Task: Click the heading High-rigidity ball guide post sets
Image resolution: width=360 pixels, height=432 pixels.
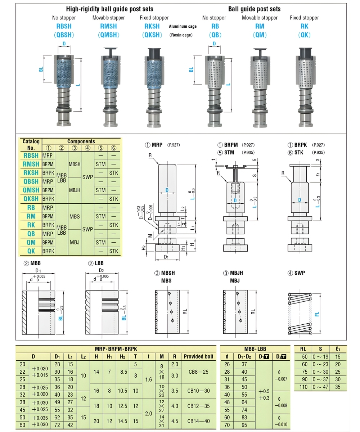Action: pyautogui.click(x=109, y=9)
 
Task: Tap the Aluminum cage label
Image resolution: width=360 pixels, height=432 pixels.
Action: pyautogui.click(x=183, y=27)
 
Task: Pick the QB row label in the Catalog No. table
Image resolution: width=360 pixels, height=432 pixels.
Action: pyautogui.click(x=31, y=234)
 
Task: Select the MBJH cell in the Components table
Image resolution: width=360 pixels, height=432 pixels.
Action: pyautogui.click(x=75, y=190)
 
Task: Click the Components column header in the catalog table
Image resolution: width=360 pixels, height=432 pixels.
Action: pyautogui.click(x=81, y=141)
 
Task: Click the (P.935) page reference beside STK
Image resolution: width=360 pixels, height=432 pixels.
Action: pyautogui.click(x=318, y=153)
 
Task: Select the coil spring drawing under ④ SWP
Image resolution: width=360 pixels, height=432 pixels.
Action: pyautogui.click(x=300, y=312)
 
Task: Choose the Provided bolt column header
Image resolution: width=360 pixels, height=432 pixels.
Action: pyautogui.click(x=198, y=357)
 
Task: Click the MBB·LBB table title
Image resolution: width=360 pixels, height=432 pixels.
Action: pyautogui.click(x=255, y=349)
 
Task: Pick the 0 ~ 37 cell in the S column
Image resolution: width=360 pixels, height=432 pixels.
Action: pyautogui.click(x=319, y=379)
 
